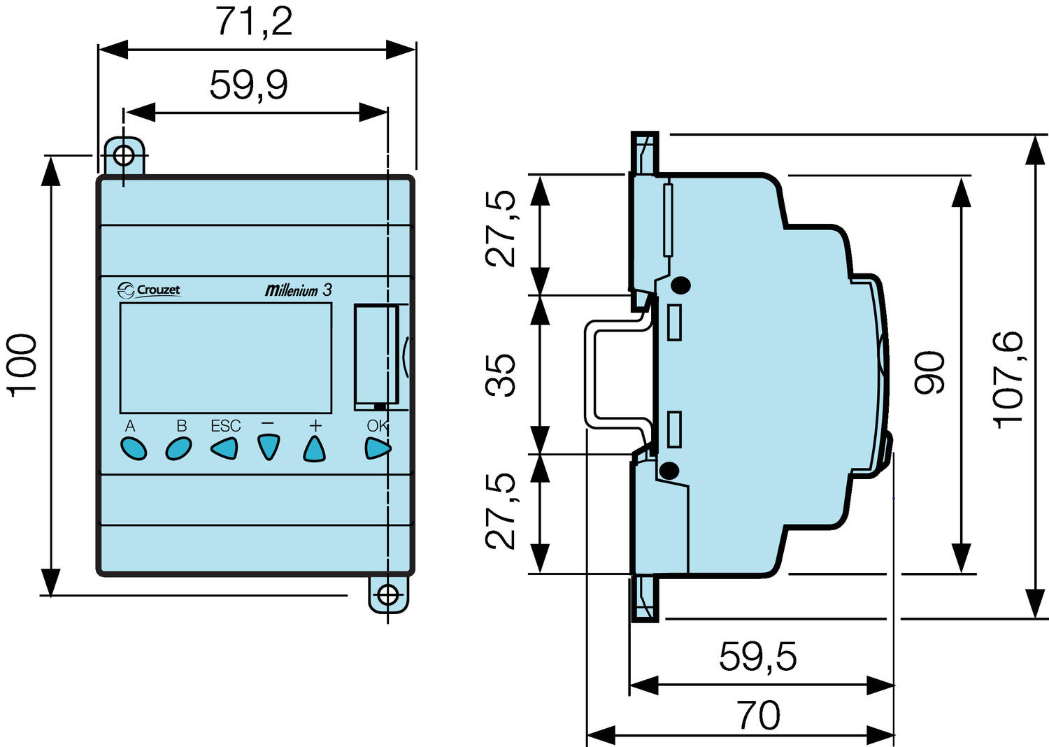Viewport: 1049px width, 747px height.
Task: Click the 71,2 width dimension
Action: (x=254, y=22)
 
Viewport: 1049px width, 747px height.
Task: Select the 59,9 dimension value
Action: (x=248, y=85)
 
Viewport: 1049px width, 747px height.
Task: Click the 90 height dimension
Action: (x=930, y=372)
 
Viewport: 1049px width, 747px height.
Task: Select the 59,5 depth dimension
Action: (x=757, y=656)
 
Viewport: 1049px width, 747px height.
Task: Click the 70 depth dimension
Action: (x=758, y=716)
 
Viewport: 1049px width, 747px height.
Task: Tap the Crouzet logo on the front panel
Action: (x=149, y=290)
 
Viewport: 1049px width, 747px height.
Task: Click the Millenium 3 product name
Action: (x=298, y=290)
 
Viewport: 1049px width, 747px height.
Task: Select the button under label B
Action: (x=178, y=448)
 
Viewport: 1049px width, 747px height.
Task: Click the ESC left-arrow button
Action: (x=224, y=448)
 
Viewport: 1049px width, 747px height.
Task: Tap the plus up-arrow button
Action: (x=315, y=448)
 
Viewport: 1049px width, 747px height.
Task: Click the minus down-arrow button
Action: (x=269, y=447)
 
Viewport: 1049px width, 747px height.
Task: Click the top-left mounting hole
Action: (x=124, y=155)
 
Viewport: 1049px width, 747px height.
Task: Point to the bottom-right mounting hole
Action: (x=387, y=596)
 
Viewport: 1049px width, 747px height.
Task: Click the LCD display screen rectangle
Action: (x=225, y=357)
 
